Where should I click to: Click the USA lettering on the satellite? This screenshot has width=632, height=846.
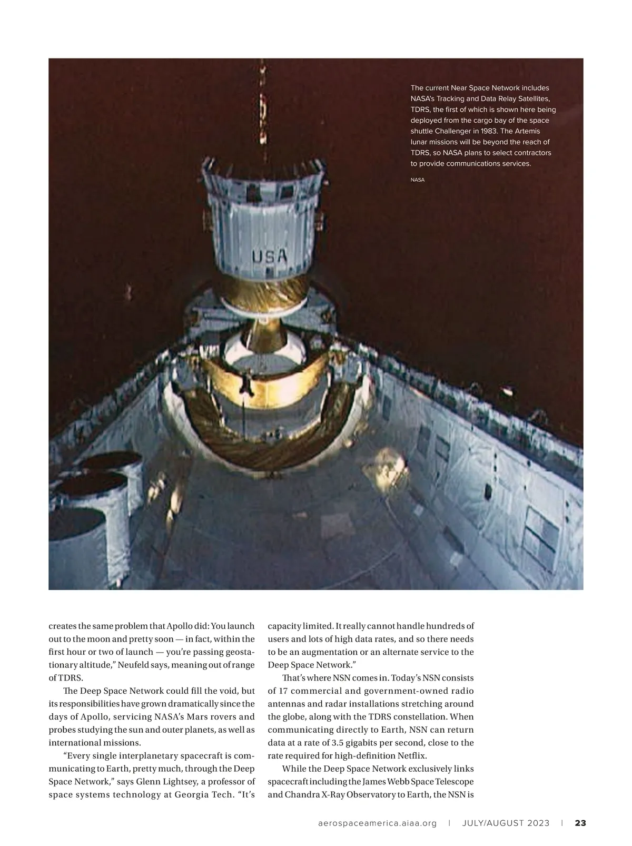[270, 257]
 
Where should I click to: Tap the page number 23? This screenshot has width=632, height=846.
[580, 823]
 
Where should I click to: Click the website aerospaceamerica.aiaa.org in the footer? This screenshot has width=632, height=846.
[378, 823]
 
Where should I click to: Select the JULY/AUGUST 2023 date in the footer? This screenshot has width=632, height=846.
[506, 823]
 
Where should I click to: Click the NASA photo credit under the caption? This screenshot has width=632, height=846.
[417, 180]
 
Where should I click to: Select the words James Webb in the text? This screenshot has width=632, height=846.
[404, 781]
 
